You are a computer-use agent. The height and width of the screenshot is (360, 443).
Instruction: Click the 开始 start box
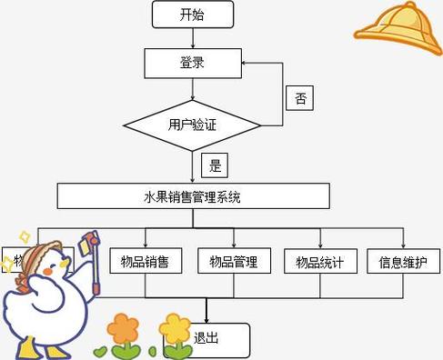[x=193, y=15]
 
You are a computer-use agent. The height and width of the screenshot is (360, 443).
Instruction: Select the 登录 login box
[x=193, y=62]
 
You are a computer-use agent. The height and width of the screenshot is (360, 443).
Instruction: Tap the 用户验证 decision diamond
[x=193, y=125]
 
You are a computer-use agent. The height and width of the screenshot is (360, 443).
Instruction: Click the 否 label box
[x=299, y=99]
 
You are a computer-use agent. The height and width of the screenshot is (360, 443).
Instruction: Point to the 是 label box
[x=215, y=165]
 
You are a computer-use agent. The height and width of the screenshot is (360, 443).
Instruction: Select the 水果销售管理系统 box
[x=193, y=195]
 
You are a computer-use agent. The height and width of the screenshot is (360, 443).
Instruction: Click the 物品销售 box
[x=145, y=262]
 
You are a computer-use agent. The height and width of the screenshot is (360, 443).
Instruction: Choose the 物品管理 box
[x=234, y=262]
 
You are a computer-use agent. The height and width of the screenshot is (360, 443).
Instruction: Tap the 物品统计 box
[x=319, y=262]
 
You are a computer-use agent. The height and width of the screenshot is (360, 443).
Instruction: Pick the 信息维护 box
[x=404, y=262]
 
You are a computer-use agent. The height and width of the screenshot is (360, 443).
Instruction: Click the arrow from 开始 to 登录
[x=193, y=38]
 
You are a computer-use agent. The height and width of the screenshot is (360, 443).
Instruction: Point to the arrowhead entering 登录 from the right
[x=247, y=62]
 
